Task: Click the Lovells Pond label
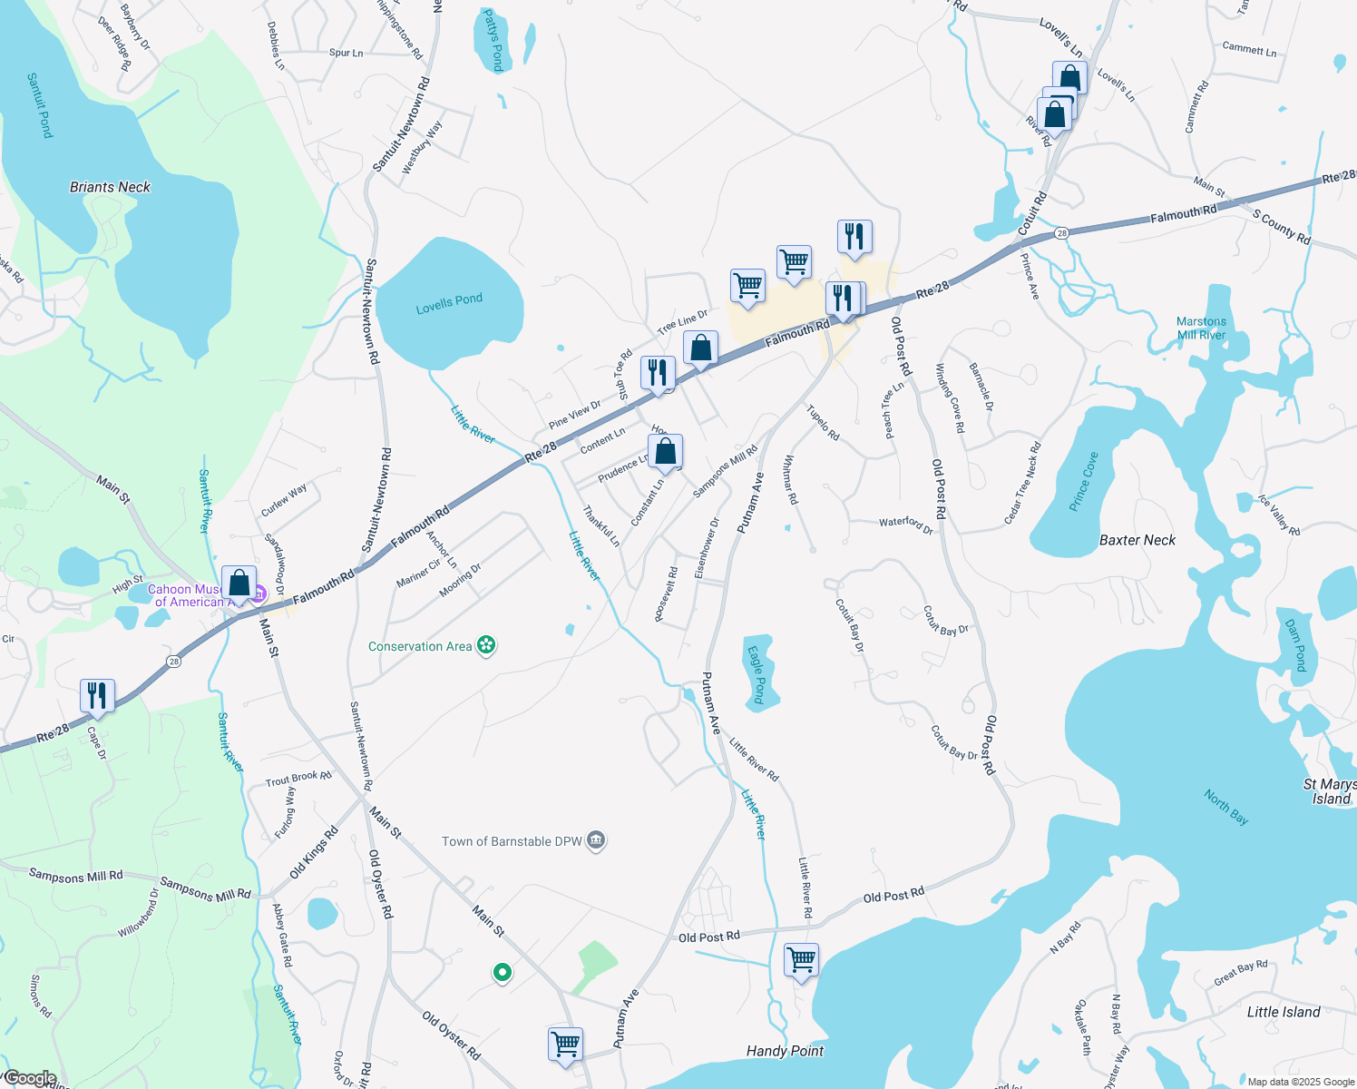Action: click(x=449, y=303)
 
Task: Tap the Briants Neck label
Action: click(x=110, y=187)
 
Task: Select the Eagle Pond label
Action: click(x=757, y=674)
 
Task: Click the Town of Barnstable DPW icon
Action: click(x=596, y=841)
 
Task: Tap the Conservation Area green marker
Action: click(x=487, y=645)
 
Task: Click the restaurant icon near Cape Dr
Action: click(x=97, y=696)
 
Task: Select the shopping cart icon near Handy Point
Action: click(x=802, y=960)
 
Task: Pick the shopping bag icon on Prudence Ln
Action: click(x=665, y=452)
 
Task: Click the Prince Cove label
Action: click(x=1083, y=481)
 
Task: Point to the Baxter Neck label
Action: click(x=1137, y=540)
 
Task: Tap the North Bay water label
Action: click(x=1226, y=807)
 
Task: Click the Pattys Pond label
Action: click(x=493, y=41)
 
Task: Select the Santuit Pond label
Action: click(x=40, y=105)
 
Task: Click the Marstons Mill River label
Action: click(x=1201, y=328)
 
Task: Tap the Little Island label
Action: click(x=1283, y=1012)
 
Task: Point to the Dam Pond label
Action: click(x=1295, y=644)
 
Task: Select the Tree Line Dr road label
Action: click(x=682, y=321)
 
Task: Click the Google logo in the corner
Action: click(x=29, y=1078)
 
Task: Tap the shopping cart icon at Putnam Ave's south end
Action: click(x=565, y=1044)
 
